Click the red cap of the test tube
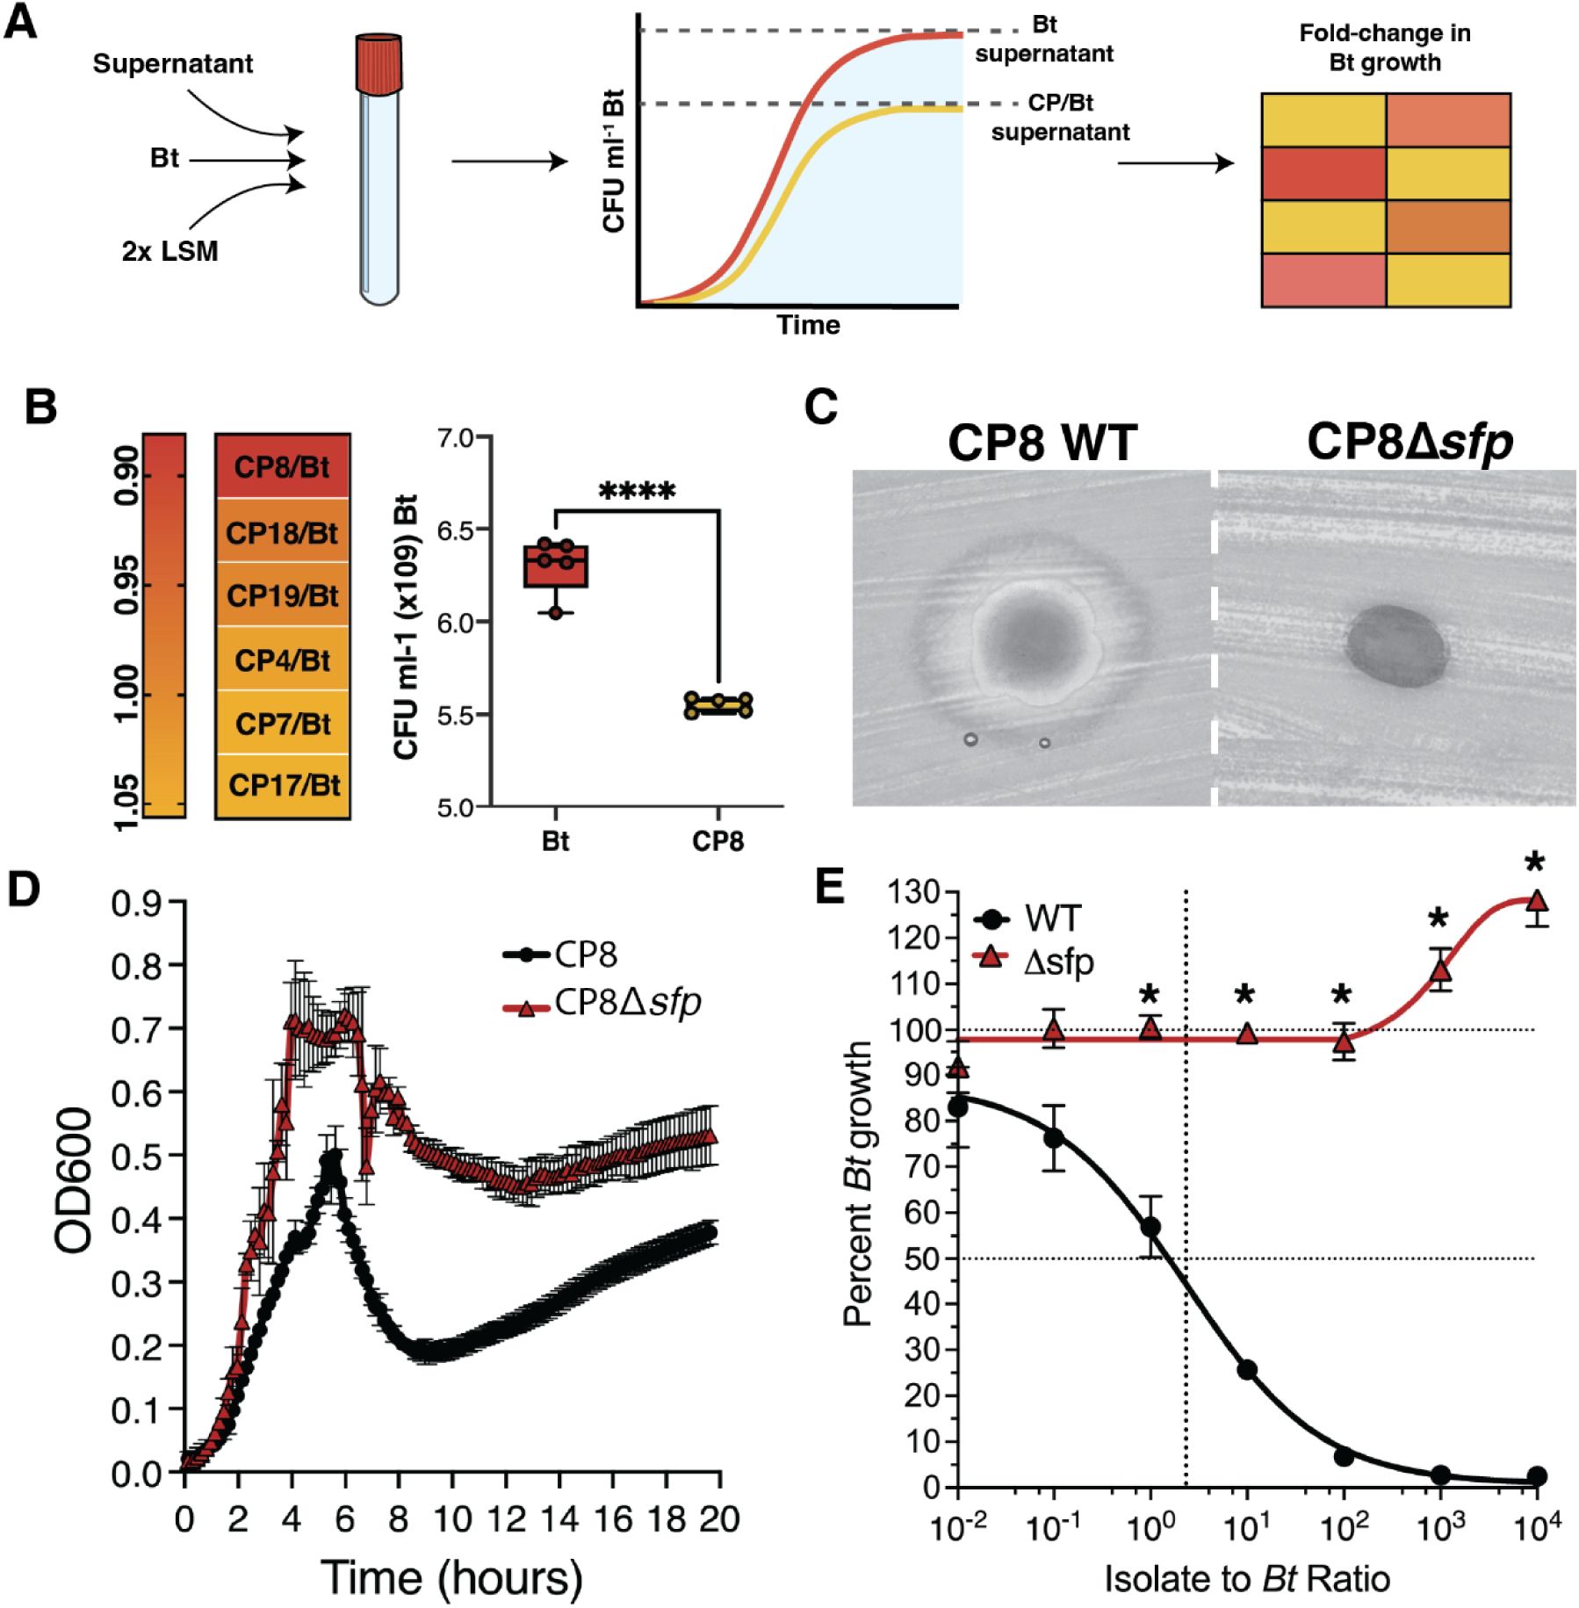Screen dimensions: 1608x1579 click(380, 62)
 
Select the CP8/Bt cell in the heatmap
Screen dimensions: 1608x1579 click(282, 466)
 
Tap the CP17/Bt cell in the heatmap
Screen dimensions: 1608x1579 click(283, 785)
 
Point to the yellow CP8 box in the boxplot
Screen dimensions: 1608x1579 click(718, 705)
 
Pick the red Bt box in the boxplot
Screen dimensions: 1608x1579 click(556, 566)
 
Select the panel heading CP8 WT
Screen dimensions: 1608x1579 click(1042, 442)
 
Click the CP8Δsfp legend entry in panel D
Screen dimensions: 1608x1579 click(606, 1002)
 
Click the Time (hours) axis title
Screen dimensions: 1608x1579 click(451, 1576)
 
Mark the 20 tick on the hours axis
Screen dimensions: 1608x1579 click(718, 1519)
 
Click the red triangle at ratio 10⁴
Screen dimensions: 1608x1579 click(1536, 902)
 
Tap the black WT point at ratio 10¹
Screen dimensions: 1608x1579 click(1246, 1369)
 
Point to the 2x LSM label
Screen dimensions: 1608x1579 click(169, 251)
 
